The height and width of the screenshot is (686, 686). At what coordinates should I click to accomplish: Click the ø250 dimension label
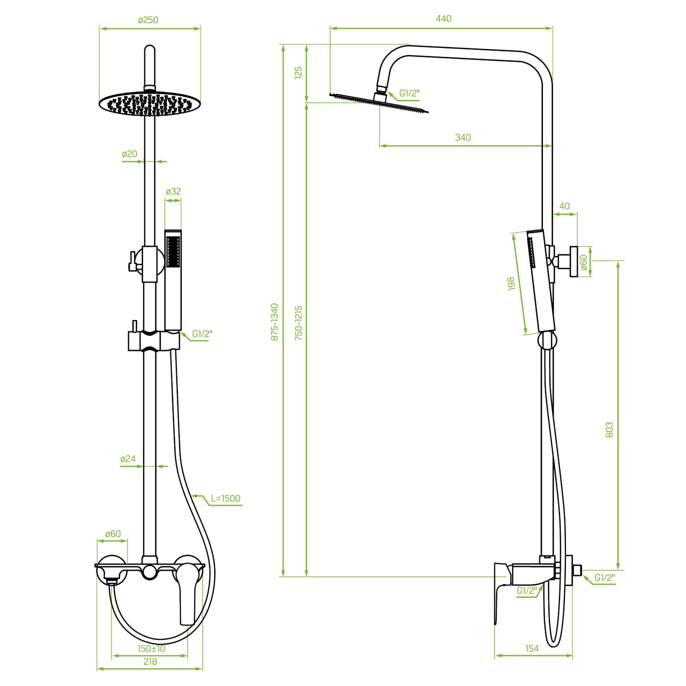pos(148,20)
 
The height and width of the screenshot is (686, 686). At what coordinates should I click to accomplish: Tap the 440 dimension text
pos(443,19)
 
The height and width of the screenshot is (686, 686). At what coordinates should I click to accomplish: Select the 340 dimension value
pos(463,137)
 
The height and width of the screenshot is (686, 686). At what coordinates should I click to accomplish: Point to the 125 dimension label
pos(298,72)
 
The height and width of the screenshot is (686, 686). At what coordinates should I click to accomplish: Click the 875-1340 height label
pos(274,322)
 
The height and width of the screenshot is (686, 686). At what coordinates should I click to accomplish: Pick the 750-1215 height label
pos(298,323)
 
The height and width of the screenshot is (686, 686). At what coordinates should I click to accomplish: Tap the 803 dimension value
pos(610,430)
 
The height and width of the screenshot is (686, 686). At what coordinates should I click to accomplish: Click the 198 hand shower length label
pos(512,284)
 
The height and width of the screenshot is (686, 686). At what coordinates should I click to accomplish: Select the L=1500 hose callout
pos(225,498)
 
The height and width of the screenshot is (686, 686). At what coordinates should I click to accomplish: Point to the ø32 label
pos(173,191)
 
